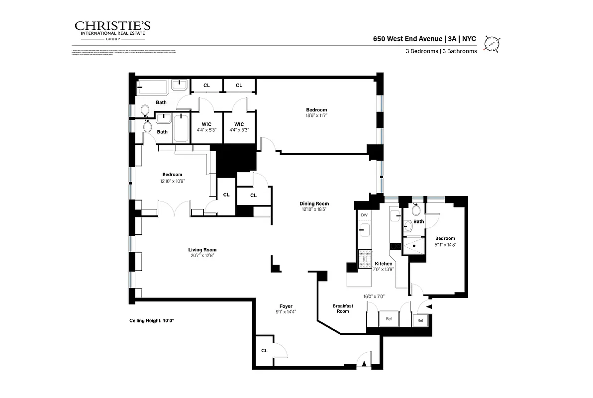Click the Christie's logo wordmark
click(x=112, y=26)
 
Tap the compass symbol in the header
click(x=493, y=44)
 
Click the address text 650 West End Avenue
click(x=408, y=38)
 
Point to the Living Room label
click(x=202, y=250)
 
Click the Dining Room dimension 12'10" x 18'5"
click(x=314, y=210)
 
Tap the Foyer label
click(x=286, y=306)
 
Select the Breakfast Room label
click(x=343, y=308)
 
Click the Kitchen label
click(x=384, y=264)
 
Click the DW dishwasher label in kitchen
click(x=364, y=215)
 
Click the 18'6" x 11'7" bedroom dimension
click(x=316, y=116)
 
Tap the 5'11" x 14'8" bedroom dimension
click(x=445, y=244)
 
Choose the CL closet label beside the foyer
click(x=264, y=351)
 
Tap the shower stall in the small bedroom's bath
click(x=414, y=246)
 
